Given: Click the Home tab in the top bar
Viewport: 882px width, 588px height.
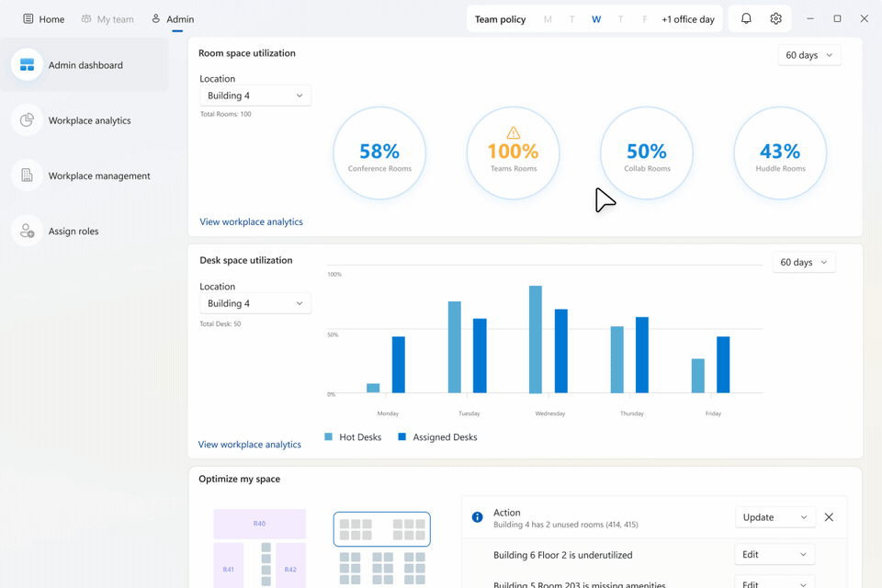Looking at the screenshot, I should click(x=44, y=19).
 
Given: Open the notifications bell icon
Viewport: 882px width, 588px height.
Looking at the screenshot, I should click(x=746, y=19).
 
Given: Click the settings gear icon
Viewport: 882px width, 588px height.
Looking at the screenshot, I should click(x=775, y=19).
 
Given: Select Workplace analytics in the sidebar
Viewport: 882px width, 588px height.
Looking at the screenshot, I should click(x=89, y=120).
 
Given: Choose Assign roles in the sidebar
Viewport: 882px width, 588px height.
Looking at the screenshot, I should click(x=73, y=232).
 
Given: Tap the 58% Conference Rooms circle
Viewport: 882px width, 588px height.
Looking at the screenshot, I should click(x=379, y=153).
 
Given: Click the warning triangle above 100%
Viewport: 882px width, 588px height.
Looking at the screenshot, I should click(x=513, y=133).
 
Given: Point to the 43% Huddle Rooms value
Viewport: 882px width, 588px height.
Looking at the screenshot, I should click(x=780, y=152).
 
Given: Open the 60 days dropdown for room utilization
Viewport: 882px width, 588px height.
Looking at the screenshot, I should click(x=808, y=55).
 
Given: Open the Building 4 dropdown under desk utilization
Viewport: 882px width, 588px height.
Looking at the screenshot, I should click(x=254, y=303).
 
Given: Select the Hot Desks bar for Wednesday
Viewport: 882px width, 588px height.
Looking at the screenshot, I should click(x=535, y=339).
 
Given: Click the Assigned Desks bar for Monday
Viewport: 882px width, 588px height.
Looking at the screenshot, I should click(x=399, y=365).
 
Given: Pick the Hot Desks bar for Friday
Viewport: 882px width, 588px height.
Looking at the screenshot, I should click(x=698, y=376).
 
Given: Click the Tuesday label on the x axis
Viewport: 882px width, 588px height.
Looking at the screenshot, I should click(x=469, y=413).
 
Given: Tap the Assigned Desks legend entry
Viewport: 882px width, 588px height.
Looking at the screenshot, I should click(x=437, y=437).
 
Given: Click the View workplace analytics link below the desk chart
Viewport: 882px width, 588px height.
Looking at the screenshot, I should click(x=250, y=445).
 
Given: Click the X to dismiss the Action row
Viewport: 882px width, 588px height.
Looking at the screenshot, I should click(x=829, y=517).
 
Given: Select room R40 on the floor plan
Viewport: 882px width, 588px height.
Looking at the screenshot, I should click(x=259, y=524).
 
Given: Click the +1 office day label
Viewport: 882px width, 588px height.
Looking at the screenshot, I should click(x=687, y=19).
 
